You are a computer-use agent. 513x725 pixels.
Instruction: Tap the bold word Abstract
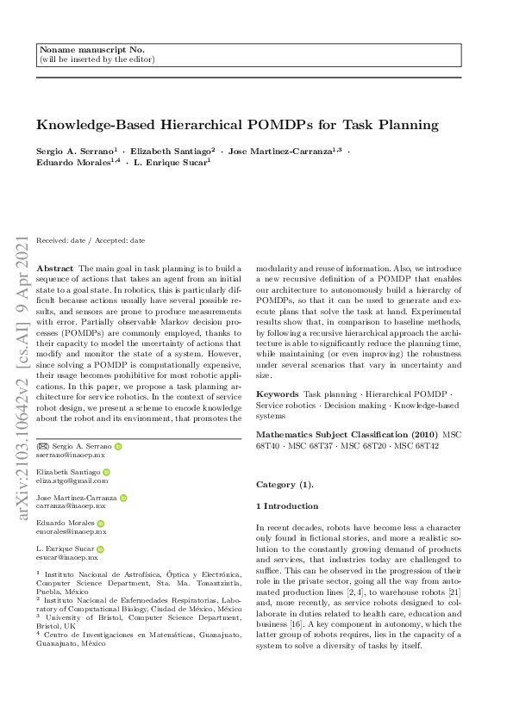57,269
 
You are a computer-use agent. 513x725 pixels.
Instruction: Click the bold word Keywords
278,393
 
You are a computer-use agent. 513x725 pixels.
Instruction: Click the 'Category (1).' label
285,484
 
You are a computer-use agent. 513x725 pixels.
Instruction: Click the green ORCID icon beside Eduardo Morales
101,523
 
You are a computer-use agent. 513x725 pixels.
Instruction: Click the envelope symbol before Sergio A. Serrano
41,447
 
